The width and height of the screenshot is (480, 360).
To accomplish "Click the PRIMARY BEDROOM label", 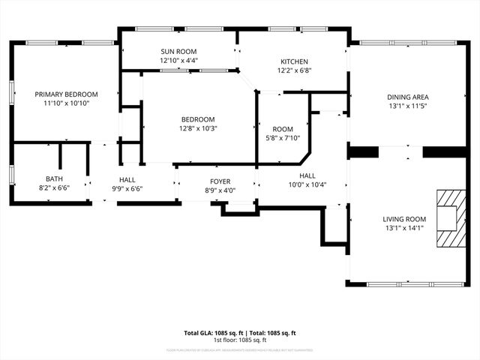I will pos(67,94).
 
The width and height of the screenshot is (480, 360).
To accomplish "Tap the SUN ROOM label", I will pos(178,52).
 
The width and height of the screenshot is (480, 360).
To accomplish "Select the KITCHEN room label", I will pos(295,61).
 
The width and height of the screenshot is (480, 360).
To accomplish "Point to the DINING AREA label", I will pos(408,97).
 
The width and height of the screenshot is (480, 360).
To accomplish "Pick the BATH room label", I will pos(54,178).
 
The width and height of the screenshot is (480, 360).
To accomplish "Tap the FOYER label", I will pos(220,181).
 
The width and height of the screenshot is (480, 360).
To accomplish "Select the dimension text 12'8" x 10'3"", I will pos(198,128).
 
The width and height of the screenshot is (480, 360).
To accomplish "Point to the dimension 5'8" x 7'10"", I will pos(283,138).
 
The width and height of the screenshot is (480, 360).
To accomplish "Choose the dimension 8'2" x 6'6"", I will pos(54,188).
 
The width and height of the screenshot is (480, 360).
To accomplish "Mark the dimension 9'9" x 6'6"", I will pos(127,189).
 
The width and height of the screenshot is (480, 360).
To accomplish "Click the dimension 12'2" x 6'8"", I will pos(295,70).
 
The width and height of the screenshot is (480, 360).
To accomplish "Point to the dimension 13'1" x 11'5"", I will pos(408,106).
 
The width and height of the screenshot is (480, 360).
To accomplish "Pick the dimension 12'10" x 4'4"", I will pos(178,61).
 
